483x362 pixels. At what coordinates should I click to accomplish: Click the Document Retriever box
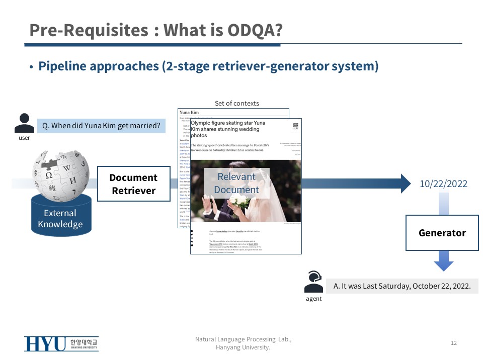pos(133,184)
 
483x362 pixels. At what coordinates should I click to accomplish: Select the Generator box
pos(442,233)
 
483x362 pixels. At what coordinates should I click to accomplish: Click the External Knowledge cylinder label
pos(60,219)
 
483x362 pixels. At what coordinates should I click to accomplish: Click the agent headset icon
pos(313,282)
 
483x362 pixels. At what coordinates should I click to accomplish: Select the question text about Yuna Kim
pos(102,126)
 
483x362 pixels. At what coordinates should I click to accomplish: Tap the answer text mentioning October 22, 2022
pos(402,286)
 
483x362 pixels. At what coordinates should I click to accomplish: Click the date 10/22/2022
pos(443,184)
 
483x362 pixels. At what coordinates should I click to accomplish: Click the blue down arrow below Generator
pos(443,262)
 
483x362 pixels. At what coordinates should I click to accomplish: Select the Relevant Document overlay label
pos(236,183)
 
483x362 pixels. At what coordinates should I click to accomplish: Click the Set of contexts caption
pos(236,103)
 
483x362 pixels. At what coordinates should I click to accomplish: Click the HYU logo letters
pos(45,344)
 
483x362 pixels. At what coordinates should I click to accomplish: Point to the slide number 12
pos(453,343)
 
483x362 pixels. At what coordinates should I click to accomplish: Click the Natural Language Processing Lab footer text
pos(243,340)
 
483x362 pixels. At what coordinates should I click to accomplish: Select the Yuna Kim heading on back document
pos(189,112)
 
